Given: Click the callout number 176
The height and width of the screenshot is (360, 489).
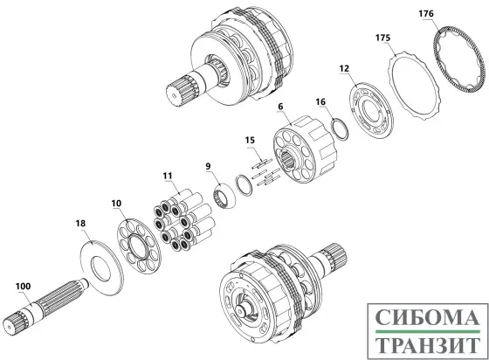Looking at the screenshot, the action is (426, 14).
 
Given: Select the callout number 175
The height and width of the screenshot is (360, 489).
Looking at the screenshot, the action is (382, 38).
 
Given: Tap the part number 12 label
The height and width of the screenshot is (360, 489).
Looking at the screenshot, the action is (344, 68).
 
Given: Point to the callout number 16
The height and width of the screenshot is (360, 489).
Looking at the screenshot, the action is (320, 101).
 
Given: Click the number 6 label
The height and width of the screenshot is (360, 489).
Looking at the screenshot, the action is (280, 107).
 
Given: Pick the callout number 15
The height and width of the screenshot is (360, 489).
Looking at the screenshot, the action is (250, 140).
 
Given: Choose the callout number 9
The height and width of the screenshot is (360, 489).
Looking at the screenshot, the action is (208, 166).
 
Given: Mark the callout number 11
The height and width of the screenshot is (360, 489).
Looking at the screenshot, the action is (168, 176).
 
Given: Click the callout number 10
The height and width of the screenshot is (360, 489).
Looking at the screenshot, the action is (116, 204).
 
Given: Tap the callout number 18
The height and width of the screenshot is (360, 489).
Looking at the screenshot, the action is (80, 224).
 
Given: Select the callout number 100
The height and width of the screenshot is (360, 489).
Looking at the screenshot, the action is (23, 286).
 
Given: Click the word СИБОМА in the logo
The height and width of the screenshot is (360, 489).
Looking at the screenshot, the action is (427, 317).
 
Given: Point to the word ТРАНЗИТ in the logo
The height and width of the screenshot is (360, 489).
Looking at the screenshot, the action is (427, 345).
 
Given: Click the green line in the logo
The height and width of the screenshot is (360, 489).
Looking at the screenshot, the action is (427, 331).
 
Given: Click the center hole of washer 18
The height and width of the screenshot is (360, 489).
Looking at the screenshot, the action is (100, 267).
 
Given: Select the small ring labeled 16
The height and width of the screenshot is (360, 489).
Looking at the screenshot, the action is (340, 129).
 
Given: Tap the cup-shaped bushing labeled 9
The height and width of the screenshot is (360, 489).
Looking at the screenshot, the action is (224, 196).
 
